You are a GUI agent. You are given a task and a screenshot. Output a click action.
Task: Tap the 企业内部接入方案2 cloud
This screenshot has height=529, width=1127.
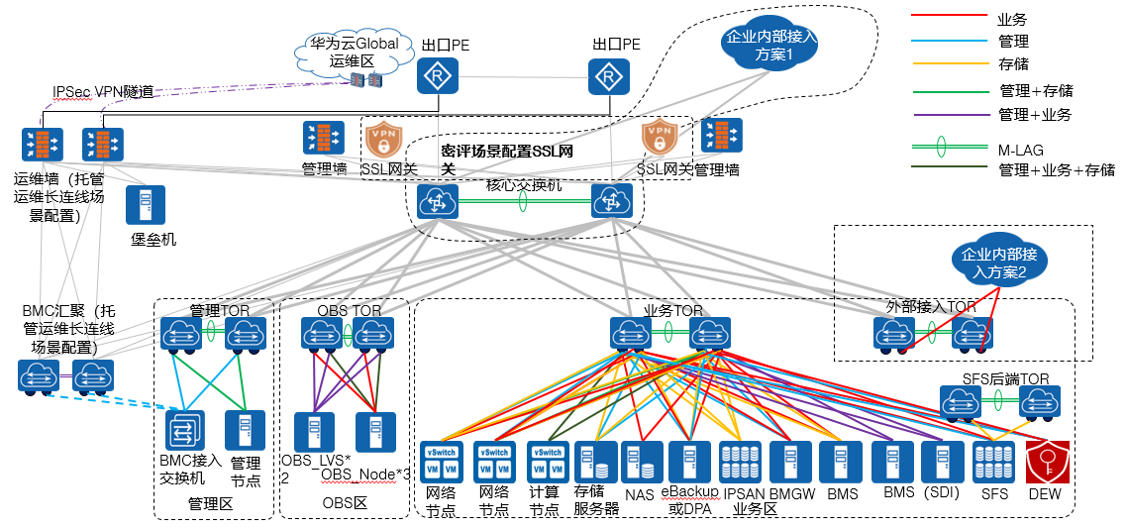pos(996,263)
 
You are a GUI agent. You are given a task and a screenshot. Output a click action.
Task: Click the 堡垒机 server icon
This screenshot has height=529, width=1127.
pos(145,204)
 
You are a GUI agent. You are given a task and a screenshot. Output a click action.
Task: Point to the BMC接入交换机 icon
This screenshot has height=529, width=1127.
pos(184,431)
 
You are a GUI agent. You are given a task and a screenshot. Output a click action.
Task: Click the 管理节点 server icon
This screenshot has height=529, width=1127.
pos(245,431)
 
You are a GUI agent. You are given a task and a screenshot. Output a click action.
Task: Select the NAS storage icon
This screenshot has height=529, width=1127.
pos(640,463)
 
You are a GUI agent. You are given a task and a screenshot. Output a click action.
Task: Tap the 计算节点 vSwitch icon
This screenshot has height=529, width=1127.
pos(547,462)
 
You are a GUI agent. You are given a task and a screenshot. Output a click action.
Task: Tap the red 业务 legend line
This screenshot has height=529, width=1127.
pos(946,17)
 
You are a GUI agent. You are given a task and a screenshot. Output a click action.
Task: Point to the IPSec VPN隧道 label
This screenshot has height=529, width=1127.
pos(103,91)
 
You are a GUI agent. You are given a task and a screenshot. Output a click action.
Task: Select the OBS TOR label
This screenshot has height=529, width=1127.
pos(349,310)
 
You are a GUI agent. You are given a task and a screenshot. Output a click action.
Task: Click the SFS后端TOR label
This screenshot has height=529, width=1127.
pos(1005,378)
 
